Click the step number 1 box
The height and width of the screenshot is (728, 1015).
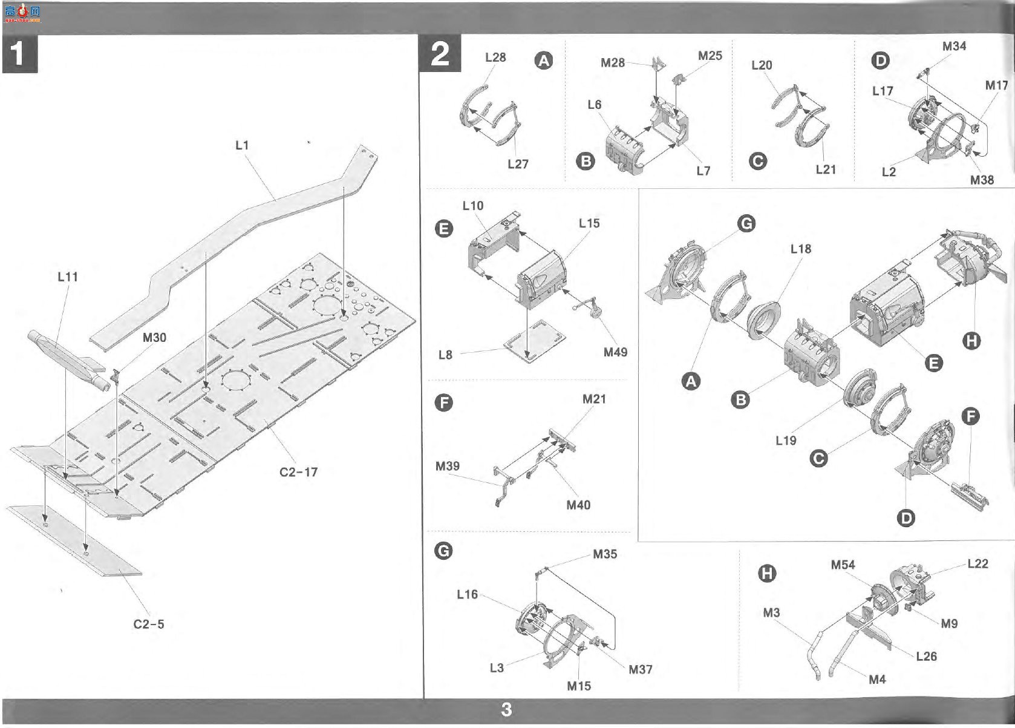tap(20, 54)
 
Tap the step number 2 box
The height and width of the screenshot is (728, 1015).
tap(440, 54)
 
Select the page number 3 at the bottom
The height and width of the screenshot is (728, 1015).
tap(507, 709)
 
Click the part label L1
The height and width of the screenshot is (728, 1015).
tap(242, 145)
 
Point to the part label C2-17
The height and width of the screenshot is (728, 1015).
tap(298, 472)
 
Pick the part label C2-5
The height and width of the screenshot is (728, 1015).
tap(149, 624)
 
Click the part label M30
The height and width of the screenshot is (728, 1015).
tap(154, 337)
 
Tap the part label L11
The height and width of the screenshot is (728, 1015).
tap(68, 277)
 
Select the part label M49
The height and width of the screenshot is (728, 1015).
tap(615, 352)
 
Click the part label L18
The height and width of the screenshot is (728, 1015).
tap(801, 249)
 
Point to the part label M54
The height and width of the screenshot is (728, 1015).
tap(843, 565)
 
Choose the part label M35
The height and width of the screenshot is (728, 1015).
tap(605, 554)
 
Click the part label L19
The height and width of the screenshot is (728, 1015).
tap(786, 440)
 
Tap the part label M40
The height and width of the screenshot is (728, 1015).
tap(578, 505)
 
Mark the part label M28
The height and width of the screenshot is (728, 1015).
tap(613, 62)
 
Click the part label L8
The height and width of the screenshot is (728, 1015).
tap(445, 355)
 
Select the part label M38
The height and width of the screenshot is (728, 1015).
tap(982, 180)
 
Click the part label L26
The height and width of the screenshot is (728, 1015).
tap(926, 656)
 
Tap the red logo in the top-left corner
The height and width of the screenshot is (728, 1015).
tap(22, 13)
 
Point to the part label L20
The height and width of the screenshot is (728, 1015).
tap(762, 65)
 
